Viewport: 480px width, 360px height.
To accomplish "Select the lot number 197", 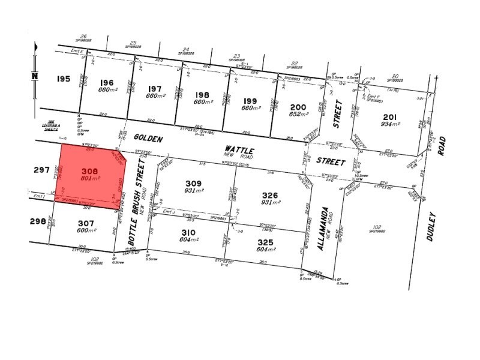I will (x=155, y=88).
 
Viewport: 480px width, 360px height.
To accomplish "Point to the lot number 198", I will (x=202, y=94).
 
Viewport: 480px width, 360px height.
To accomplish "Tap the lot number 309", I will (x=193, y=183).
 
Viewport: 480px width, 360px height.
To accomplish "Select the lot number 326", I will (x=271, y=195).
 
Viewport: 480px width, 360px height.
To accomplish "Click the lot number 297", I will (x=42, y=170).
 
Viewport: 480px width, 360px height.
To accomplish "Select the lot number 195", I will (x=64, y=79).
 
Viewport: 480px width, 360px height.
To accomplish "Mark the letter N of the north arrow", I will (x=35, y=76).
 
